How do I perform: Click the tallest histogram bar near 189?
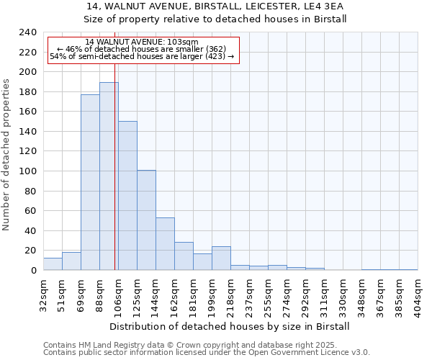[109, 176]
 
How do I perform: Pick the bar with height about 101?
[146, 220]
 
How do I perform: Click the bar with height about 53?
[165, 243]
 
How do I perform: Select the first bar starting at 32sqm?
[53, 264]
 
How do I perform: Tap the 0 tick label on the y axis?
[33, 271]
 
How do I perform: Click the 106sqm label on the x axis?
[119, 293]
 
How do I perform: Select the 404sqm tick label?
[418, 293]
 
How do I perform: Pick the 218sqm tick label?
[231, 293]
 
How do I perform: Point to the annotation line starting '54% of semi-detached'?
[142, 57]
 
